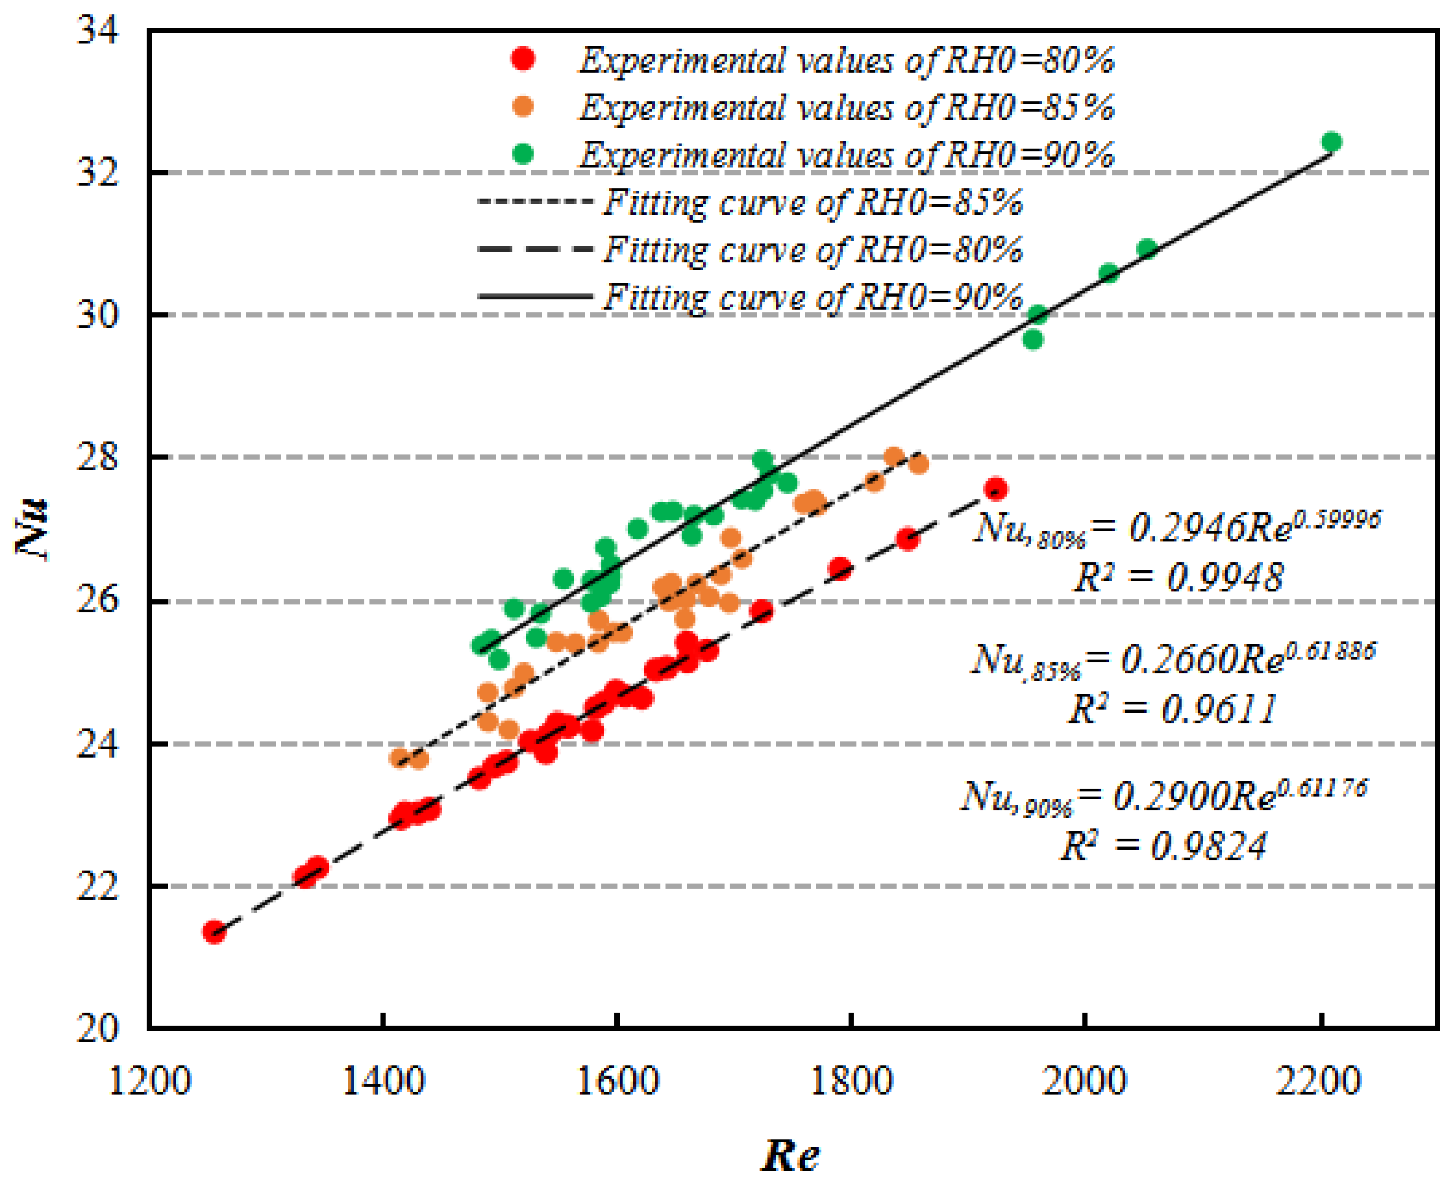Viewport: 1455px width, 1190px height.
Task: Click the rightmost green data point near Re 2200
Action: tap(1331, 143)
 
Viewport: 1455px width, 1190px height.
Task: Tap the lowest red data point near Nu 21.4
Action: tap(214, 932)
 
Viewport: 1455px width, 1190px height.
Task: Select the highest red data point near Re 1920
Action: tap(995, 490)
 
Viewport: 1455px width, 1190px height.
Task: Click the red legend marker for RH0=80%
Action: tap(523, 59)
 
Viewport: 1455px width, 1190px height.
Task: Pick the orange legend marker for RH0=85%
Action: tap(523, 106)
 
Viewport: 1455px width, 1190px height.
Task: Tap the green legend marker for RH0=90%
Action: tap(523, 154)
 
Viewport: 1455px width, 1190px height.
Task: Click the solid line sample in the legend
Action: tap(534, 297)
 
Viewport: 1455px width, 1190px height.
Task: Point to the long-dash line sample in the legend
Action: tap(534, 249)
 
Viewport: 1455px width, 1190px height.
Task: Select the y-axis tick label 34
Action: tap(97, 31)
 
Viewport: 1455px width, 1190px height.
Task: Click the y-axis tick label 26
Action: tap(97, 601)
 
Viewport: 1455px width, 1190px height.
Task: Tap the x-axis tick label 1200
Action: tap(149, 1082)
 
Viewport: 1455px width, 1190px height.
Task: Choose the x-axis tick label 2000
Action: tap(1084, 1082)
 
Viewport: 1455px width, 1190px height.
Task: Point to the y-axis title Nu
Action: tap(32, 528)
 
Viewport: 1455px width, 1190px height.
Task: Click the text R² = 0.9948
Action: tap(1177, 577)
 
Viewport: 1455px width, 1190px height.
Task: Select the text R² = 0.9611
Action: tap(1173, 709)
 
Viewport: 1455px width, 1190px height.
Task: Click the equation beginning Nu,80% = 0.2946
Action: tap(1176, 528)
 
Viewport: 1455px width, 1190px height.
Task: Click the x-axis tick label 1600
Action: tap(617, 1082)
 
